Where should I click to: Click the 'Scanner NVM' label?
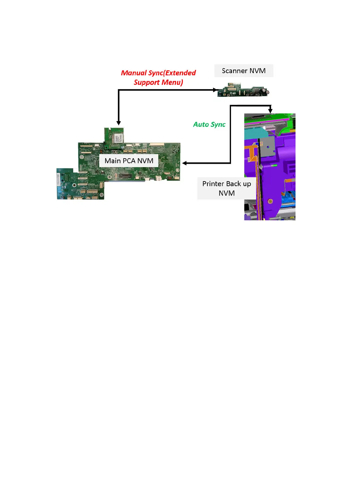[x=243, y=71]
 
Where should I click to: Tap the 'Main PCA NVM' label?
[x=129, y=161]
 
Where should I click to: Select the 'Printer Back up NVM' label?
[x=226, y=188]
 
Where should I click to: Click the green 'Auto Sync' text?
[x=209, y=125]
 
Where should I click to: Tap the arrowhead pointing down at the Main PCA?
[x=119, y=123]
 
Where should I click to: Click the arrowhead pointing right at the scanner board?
[x=215, y=90]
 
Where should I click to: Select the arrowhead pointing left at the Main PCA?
[x=184, y=163]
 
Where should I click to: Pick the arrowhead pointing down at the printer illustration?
[x=270, y=111]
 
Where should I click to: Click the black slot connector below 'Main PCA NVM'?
[x=125, y=176]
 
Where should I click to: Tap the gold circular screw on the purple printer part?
[x=270, y=201]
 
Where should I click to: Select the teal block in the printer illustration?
[x=255, y=132]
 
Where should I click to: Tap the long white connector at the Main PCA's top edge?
[x=157, y=144]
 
